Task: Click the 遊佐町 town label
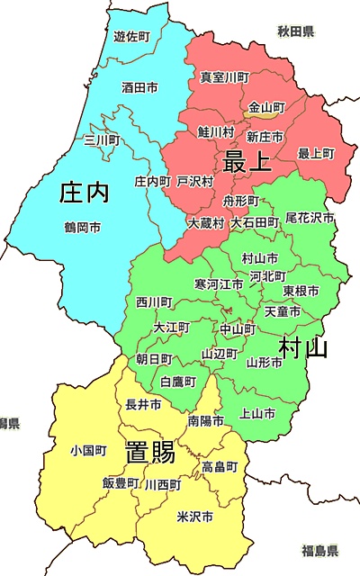(x=131, y=36)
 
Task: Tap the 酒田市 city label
(x=139, y=88)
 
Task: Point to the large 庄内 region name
(x=83, y=193)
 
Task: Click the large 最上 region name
(x=247, y=162)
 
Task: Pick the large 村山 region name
(x=302, y=346)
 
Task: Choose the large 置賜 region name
(x=149, y=452)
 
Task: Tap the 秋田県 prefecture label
(x=295, y=32)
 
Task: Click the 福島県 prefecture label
(x=319, y=550)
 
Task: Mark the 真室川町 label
(x=224, y=77)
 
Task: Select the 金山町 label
(x=266, y=106)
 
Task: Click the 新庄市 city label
(x=265, y=136)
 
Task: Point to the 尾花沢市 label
(x=310, y=218)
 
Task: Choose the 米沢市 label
(x=194, y=517)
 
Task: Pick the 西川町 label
(x=155, y=301)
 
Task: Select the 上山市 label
(x=258, y=413)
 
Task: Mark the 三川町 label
(x=101, y=139)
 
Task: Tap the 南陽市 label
(x=206, y=421)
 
